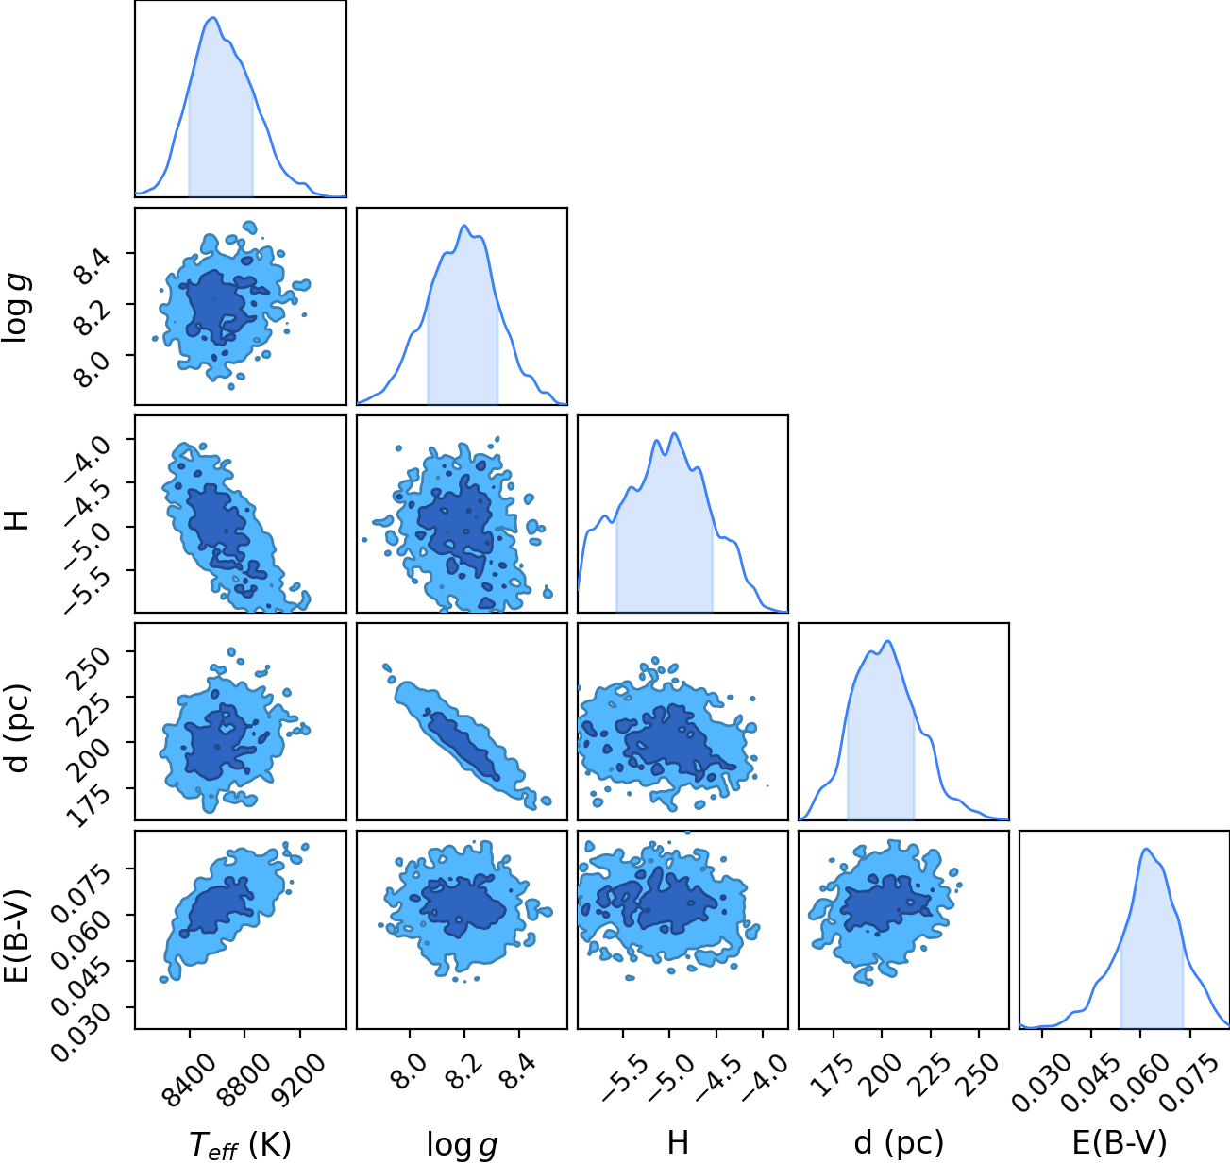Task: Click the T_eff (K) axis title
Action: click(241, 1144)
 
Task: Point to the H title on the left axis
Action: click(16, 519)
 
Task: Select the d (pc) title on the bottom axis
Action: click(899, 1143)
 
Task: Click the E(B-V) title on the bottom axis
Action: click(1120, 1143)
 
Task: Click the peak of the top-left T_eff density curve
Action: click(213, 18)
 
